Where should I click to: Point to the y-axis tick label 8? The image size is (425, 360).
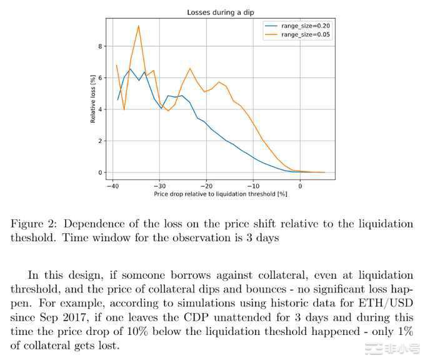(x=99, y=46)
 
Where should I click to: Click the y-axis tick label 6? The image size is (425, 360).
(x=99, y=78)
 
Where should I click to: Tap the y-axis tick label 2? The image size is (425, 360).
(x=99, y=141)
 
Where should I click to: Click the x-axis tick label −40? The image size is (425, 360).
(x=112, y=186)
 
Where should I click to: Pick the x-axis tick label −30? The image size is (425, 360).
(x=159, y=186)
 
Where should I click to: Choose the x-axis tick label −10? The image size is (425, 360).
(x=253, y=186)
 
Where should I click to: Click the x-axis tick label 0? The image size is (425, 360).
(x=300, y=186)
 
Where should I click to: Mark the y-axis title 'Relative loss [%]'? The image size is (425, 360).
(x=92, y=99)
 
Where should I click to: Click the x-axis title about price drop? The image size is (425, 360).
(x=220, y=194)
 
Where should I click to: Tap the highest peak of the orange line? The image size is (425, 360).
(x=138, y=26)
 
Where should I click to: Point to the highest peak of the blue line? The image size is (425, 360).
(x=130, y=69)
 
